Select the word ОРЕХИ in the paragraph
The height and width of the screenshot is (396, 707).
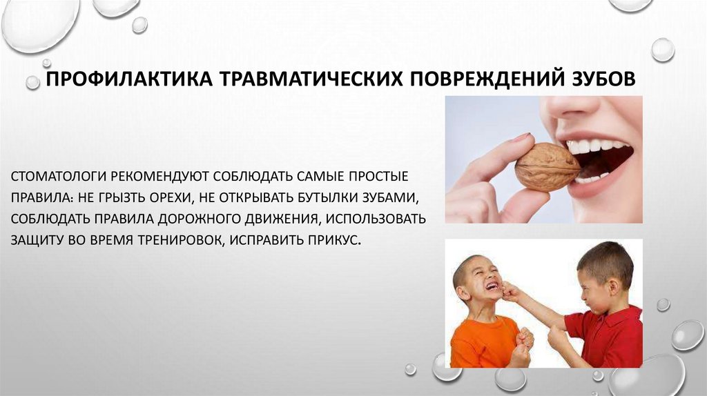166,197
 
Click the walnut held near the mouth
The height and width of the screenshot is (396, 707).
547,166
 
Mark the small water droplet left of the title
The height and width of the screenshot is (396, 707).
32,83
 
